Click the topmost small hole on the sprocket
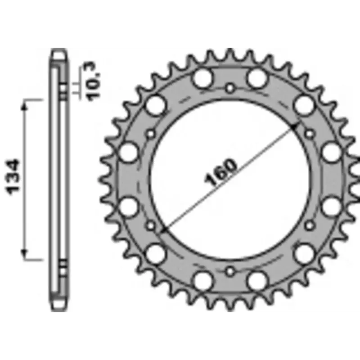230,87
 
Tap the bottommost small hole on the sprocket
230,271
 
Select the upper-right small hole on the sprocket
310,133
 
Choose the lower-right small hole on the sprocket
310,225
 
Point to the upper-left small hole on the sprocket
151,133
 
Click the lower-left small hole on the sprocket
151,225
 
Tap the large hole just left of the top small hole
202,78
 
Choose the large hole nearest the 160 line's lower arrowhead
156,252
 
